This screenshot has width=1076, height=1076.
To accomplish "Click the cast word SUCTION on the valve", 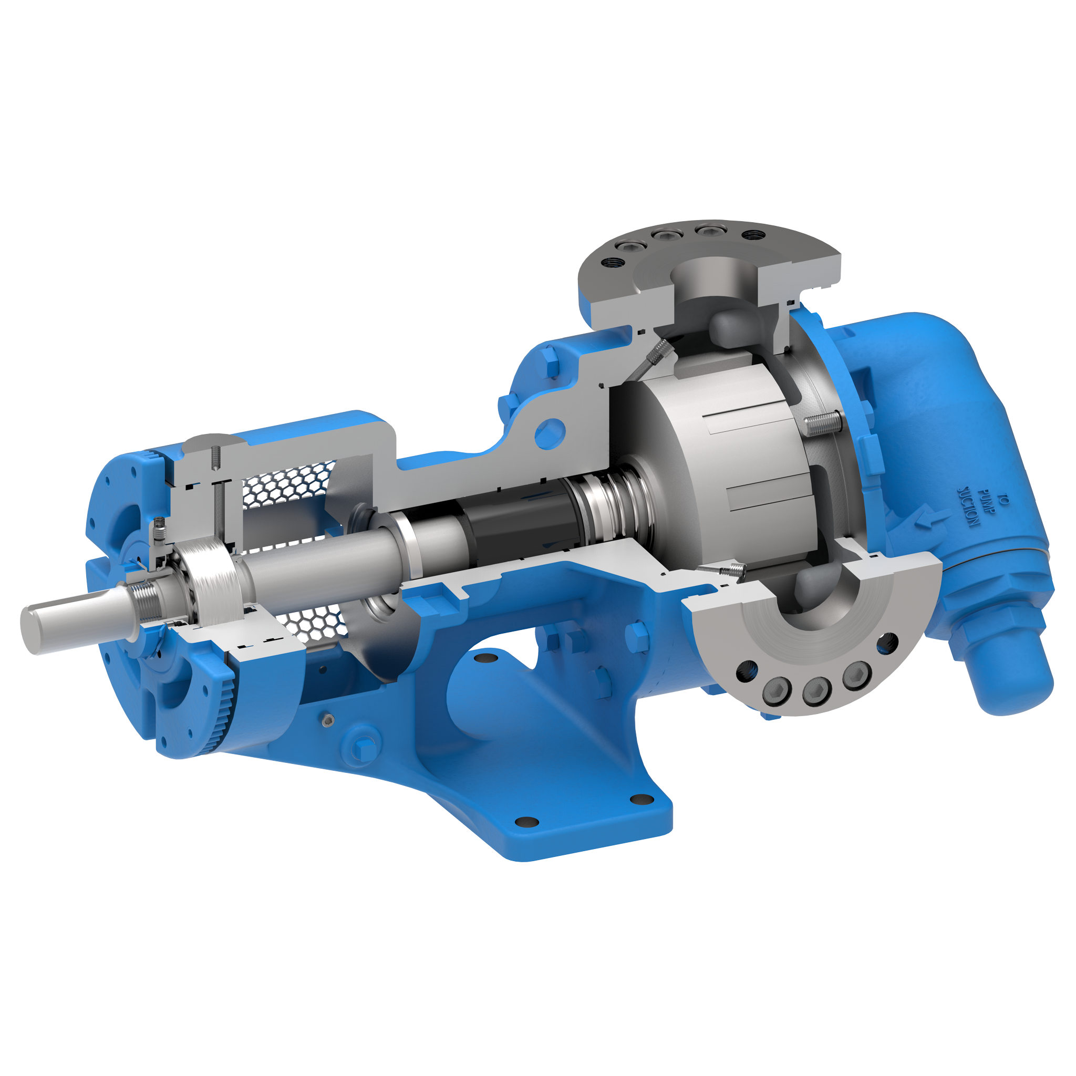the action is [x=968, y=507].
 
